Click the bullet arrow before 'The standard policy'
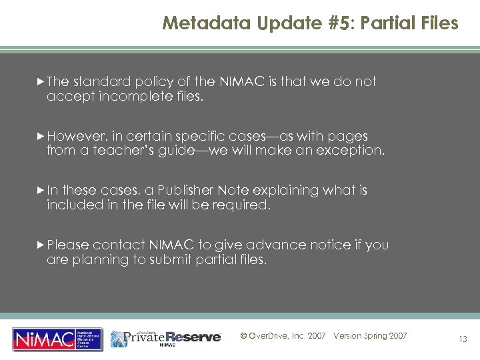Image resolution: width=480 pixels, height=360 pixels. (x=41, y=81)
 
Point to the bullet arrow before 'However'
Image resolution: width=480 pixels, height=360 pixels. (x=41, y=136)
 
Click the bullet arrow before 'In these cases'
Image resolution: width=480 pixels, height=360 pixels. (x=41, y=191)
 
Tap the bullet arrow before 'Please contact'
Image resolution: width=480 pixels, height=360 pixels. (x=41, y=245)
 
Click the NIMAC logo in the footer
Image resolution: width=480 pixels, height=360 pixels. (x=57, y=339)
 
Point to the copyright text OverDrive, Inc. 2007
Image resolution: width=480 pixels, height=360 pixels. (x=283, y=336)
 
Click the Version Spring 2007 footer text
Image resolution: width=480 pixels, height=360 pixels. (x=370, y=336)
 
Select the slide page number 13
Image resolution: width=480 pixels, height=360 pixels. (x=462, y=339)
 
